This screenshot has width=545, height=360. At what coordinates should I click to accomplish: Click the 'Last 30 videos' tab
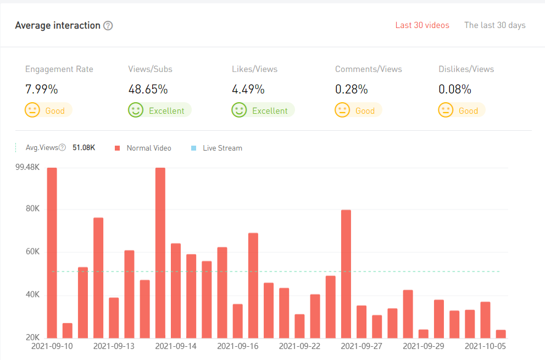click(422, 25)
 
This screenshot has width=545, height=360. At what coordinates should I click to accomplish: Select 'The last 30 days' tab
click(494, 25)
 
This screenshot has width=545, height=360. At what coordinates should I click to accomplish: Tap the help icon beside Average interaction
click(108, 26)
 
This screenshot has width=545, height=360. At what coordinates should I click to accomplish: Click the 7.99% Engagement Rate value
click(42, 89)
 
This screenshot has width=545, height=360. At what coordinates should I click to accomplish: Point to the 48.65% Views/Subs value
click(148, 89)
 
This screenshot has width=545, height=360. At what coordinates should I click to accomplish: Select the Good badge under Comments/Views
click(358, 110)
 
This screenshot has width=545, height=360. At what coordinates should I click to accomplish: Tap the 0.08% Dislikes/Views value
click(455, 89)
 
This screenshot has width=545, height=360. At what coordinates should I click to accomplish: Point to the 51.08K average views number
click(84, 148)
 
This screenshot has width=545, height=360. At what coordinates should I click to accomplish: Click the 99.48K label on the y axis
click(27, 168)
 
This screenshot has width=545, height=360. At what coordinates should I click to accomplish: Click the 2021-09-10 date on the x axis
click(52, 347)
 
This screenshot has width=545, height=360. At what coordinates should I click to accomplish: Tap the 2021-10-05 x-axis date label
click(485, 347)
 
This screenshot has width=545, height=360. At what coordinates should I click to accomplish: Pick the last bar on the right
click(500, 334)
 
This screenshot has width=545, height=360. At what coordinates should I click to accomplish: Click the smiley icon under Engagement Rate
click(32, 110)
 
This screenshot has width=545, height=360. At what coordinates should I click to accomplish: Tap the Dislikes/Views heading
click(466, 69)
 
